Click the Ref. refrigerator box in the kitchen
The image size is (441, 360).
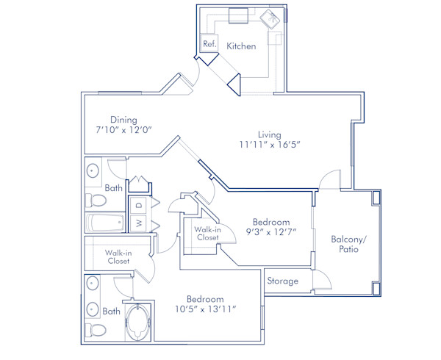click(209, 43)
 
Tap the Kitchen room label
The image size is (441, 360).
click(241, 46)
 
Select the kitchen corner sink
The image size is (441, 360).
click(270, 19)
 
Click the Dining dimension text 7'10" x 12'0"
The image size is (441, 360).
click(123, 130)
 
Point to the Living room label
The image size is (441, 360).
click(270, 135)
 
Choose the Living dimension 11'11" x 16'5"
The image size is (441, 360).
click(270, 145)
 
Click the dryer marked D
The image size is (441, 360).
click(138, 205)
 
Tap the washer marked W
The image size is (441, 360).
click(138, 223)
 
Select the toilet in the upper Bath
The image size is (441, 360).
click(96, 200)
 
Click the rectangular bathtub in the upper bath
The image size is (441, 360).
click(105, 223)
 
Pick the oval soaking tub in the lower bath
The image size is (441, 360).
click(137, 323)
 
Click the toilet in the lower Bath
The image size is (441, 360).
click(96, 329)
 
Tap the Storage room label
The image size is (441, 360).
click(283, 281)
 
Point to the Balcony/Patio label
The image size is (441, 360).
click(348, 244)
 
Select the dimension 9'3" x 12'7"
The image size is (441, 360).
click(271, 232)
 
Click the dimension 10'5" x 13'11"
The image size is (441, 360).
click(205, 309)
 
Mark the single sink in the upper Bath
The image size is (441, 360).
click(93, 171)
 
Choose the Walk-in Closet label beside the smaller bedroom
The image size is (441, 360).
click(207, 234)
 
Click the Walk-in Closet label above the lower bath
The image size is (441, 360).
click(118, 257)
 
